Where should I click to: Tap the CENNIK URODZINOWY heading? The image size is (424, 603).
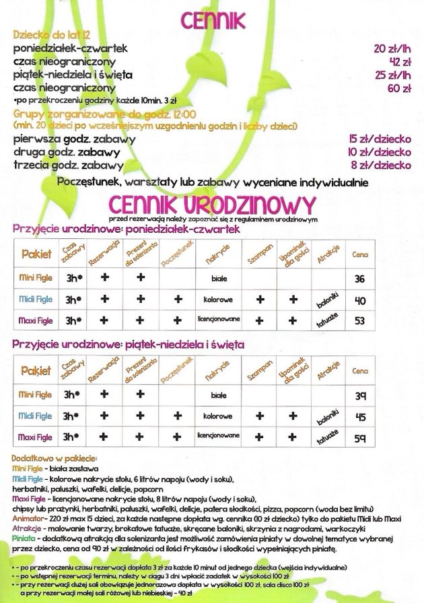click(x=211, y=203)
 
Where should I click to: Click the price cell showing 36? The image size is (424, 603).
click(x=359, y=279)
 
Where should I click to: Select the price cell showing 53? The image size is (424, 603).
click(x=359, y=320)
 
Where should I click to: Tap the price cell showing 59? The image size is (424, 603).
click(x=359, y=438)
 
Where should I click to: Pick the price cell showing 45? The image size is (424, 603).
click(x=359, y=417)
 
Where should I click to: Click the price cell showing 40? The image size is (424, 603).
click(x=359, y=299)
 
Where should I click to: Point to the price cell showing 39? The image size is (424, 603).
click(x=359, y=395)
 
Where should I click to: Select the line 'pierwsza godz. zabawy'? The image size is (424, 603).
click(x=74, y=139)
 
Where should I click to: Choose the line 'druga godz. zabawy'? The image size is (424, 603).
click(x=67, y=152)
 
